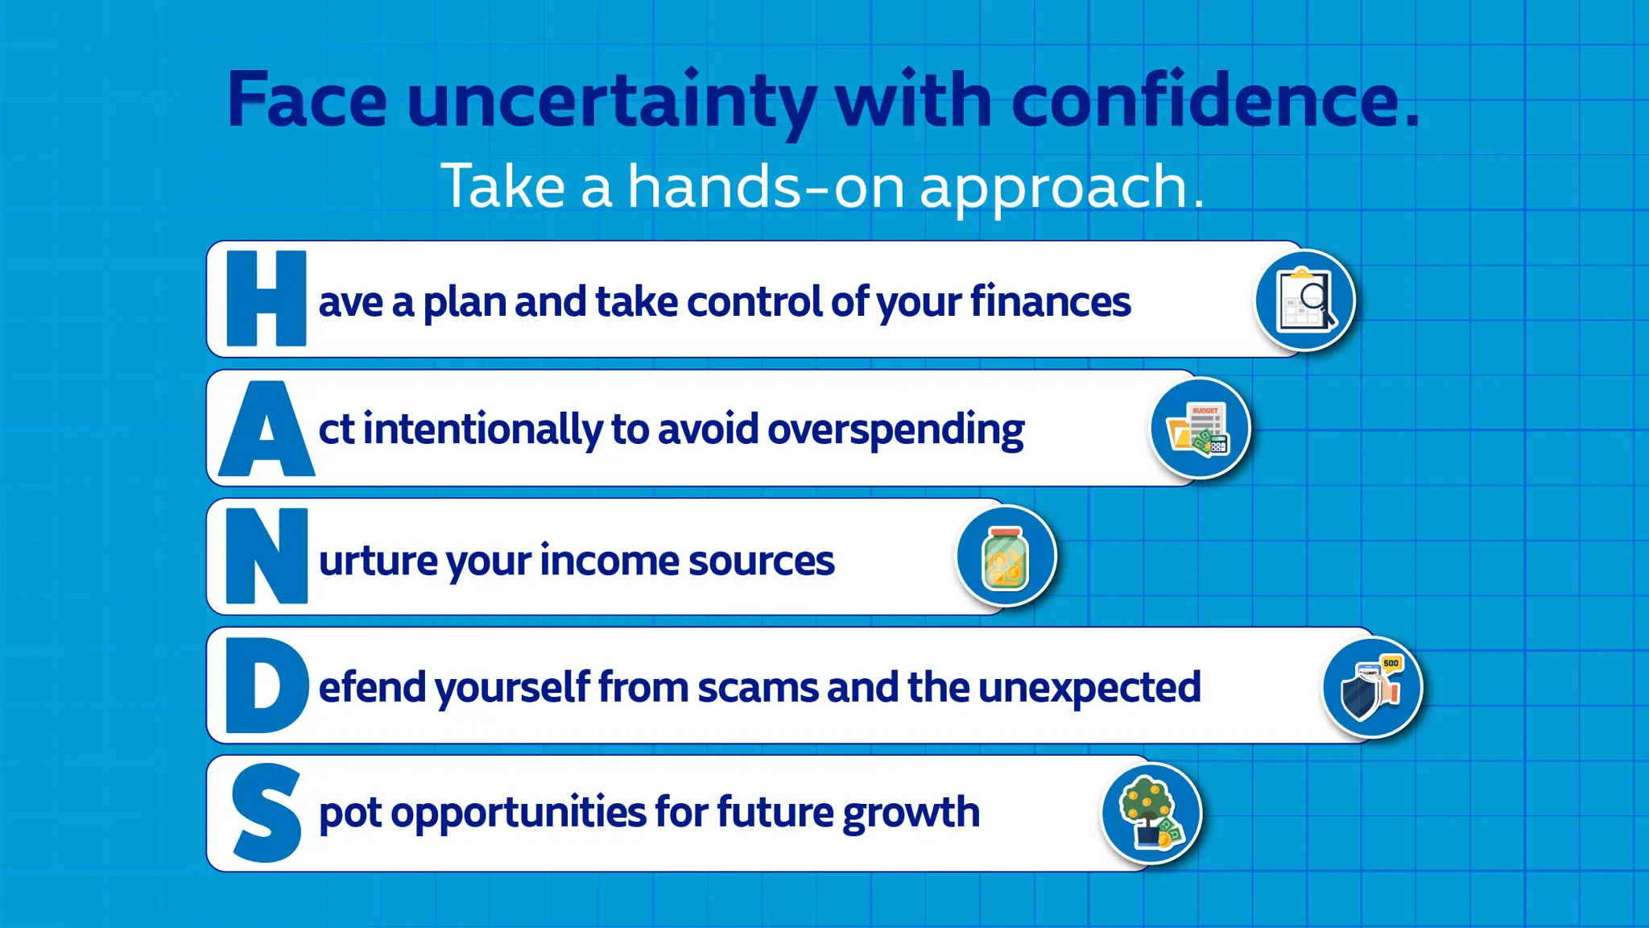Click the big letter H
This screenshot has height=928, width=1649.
tap(267, 299)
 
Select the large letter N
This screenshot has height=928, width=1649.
tap(267, 556)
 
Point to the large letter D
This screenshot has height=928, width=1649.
tap(267, 686)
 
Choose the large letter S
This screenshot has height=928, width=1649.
tap(267, 814)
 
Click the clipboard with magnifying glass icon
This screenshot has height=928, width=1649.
tap(1304, 300)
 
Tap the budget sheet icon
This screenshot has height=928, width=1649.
tap(1200, 429)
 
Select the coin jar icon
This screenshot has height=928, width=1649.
tap(1006, 557)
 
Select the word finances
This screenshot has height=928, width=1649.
tap(1050, 302)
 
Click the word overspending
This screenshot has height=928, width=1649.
tap(895, 430)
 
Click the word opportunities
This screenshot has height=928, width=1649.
tap(518, 813)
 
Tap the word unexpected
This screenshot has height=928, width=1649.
tap(1089, 688)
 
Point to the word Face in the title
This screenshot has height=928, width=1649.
tap(308, 101)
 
